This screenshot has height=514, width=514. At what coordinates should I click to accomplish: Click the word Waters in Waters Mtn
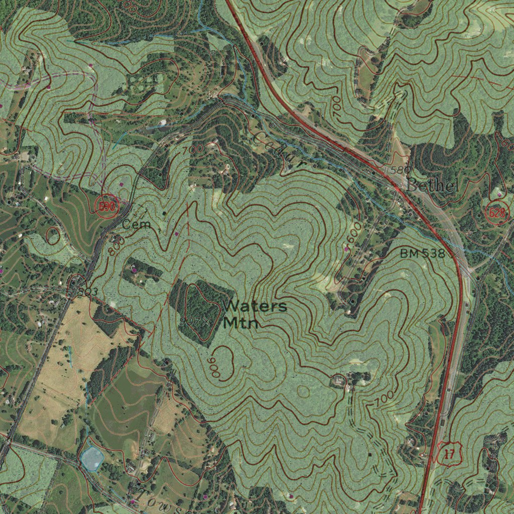[255, 306]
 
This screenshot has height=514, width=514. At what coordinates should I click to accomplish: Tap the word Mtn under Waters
[240, 323]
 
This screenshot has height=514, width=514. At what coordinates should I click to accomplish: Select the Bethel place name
[431, 186]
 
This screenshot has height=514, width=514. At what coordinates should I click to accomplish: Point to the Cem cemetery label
[136, 224]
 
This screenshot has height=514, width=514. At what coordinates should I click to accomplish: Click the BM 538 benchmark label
[422, 253]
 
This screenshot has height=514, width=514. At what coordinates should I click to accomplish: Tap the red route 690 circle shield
[107, 206]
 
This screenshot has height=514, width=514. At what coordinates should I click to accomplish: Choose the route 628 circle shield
[497, 213]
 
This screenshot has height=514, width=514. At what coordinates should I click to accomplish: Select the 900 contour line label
[215, 368]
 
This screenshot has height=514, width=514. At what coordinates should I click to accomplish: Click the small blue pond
[92, 457]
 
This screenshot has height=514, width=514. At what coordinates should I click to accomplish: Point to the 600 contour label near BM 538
[354, 232]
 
